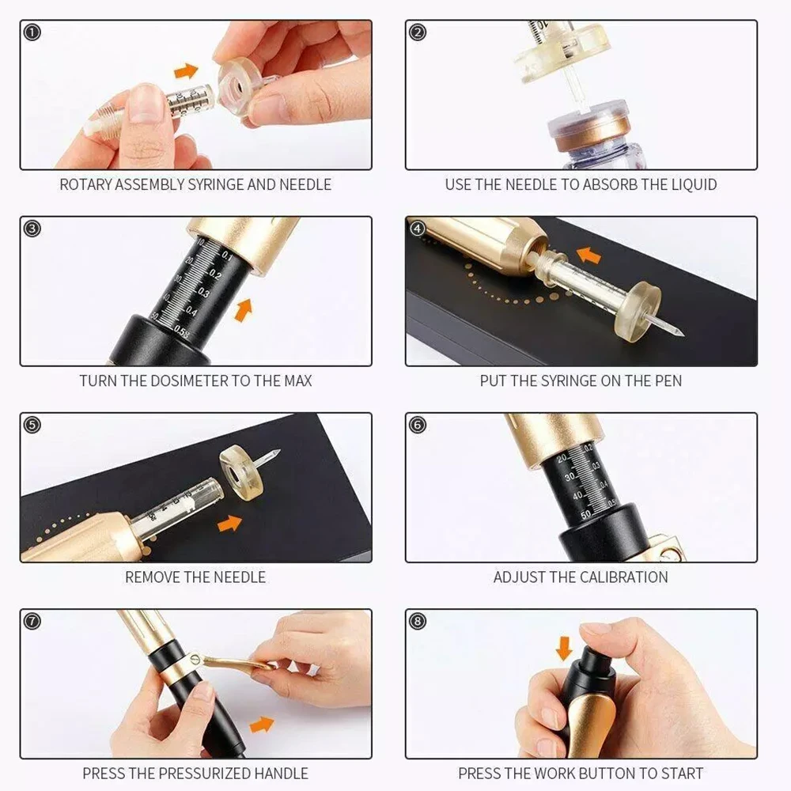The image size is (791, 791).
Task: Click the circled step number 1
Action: (32, 32)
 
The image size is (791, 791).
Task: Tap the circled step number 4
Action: (417, 229)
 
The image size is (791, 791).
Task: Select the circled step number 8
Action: (417, 621)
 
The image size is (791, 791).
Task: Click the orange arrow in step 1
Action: (186, 70)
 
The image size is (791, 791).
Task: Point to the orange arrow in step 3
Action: (244, 310)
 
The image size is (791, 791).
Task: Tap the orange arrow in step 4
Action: (589, 255)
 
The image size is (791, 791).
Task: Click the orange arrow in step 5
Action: (229, 523)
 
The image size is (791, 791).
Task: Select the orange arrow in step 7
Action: (262, 725)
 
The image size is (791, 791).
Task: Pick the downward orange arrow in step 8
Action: (565, 648)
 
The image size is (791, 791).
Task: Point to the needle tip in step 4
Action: (683, 333)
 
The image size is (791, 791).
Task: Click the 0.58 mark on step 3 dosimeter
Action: (182, 331)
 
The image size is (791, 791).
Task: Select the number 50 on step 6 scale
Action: (585, 515)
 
